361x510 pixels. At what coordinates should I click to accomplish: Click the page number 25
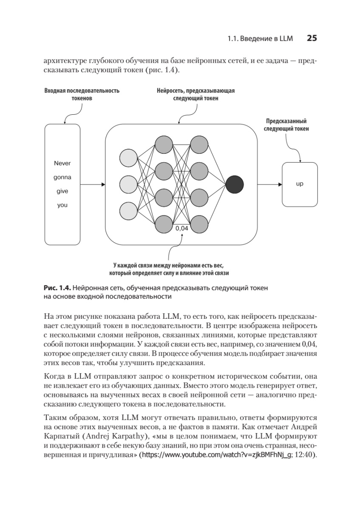312,38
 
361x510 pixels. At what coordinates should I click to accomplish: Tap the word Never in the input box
62,163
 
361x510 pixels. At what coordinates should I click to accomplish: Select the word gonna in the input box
62,177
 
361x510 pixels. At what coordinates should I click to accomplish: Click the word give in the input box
62,191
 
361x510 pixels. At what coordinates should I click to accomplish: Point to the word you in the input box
62,205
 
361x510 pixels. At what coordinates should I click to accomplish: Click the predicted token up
299,184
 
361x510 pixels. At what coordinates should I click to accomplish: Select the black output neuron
235,184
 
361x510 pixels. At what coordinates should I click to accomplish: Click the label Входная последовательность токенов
82,94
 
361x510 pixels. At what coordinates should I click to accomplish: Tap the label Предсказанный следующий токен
286,125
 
